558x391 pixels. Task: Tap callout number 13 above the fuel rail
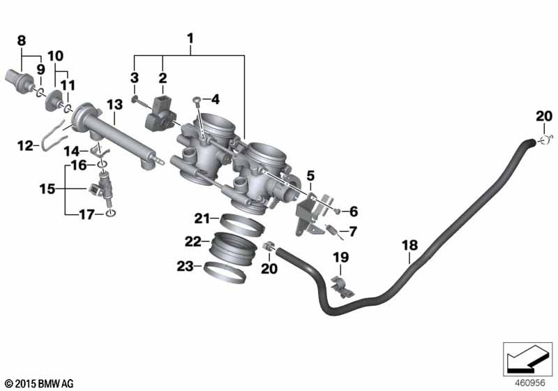pyautogui.click(x=114, y=104)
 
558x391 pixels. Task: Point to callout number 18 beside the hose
pyautogui.click(x=410, y=246)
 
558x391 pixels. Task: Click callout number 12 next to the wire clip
pyautogui.click(x=25, y=146)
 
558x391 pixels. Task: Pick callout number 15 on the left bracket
pyautogui.click(x=45, y=188)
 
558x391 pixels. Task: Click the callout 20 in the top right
pyautogui.click(x=543, y=116)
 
